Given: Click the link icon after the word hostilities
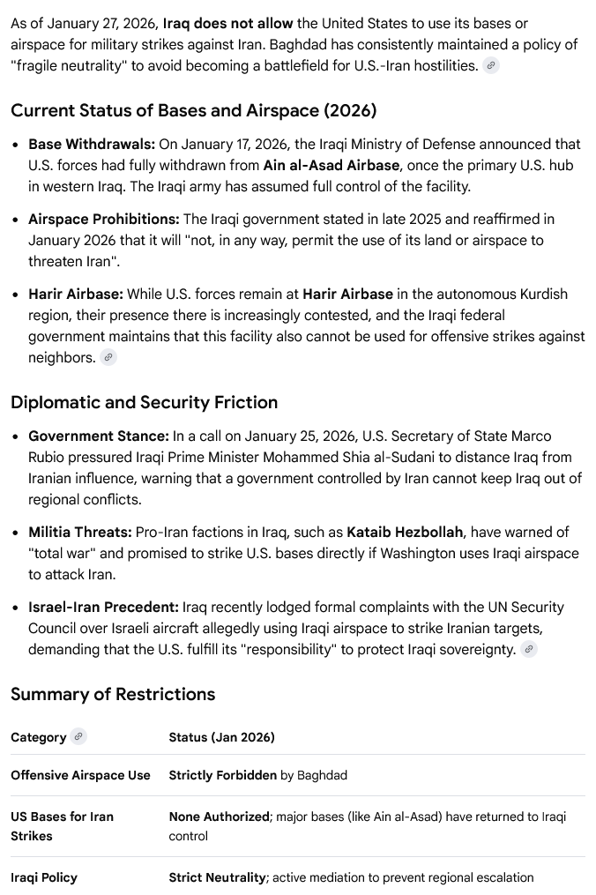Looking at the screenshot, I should (491, 65).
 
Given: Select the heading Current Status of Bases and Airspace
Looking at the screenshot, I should (193, 110).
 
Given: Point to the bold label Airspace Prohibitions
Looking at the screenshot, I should (103, 219).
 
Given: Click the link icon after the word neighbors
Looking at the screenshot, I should (108, 357).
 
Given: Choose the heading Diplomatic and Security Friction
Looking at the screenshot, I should (144, 402).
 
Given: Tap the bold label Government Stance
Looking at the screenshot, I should (98, 436).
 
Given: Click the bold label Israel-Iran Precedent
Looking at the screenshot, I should (103, 607).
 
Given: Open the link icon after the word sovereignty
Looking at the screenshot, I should (529, 649).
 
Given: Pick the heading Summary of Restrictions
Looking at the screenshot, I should (112, 694).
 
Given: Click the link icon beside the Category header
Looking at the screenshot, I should (78, 736).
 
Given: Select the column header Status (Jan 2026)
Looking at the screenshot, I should (221, 737).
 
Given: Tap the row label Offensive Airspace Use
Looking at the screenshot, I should (80, 775).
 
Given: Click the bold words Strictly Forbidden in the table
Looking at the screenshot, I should (222, 775).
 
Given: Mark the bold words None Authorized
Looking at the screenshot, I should (219, 817).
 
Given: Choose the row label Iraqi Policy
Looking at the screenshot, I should (44, 877).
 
